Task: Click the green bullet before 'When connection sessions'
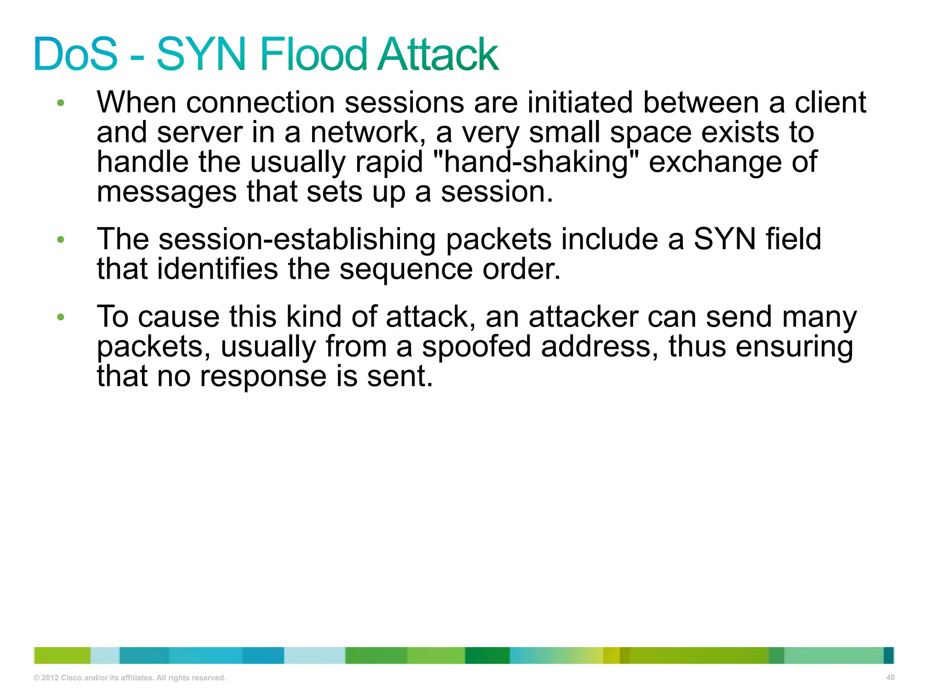(x=61, y=103)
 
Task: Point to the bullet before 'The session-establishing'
(x=61, y=240)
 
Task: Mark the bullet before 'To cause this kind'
(x=61, y=317)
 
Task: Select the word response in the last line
(x=263, y=377)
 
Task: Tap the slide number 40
(x=890, y=677)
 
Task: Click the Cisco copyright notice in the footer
(x=130, y=678)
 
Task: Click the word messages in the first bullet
(x=166, y=193)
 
